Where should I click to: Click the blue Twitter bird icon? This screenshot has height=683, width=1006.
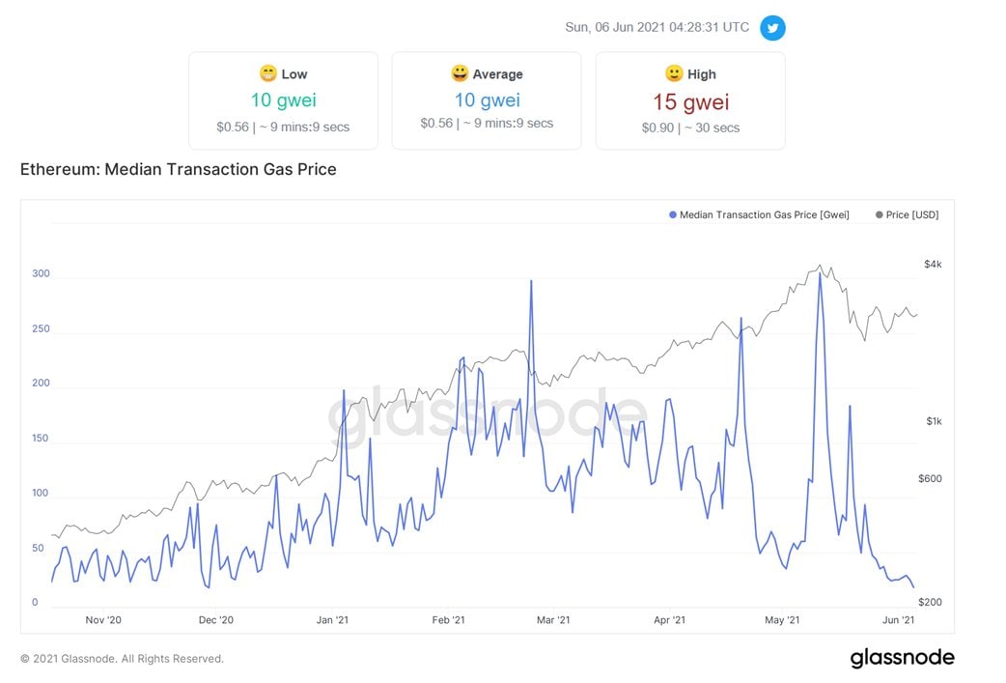pos(772,28)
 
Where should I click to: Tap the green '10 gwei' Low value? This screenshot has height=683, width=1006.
pos(283,100)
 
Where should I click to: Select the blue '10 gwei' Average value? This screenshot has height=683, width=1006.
pos(487,100)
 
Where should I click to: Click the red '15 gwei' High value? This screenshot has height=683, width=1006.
pos(690,102)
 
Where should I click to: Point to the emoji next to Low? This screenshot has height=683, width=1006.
pos(267,73)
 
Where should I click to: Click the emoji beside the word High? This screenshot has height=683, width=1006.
pos(674,73)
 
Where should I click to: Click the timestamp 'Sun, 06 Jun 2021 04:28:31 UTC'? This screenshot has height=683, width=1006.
pos(657,27)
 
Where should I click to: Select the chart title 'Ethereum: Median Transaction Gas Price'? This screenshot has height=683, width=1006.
pos(179,170)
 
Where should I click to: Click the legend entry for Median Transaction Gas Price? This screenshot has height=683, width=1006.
pos(759,214)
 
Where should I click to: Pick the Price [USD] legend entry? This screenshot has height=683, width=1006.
pos(907,214)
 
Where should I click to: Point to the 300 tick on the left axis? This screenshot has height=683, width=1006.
pos(40,274)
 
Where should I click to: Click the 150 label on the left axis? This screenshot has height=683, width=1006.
pos(40,439)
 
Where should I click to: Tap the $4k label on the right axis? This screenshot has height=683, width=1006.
pos(933,264)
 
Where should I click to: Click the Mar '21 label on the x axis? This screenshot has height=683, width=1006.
pos(553,620)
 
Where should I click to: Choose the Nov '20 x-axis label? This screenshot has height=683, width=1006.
pos(103,620)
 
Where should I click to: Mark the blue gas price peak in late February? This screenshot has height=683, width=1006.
pos(531,281)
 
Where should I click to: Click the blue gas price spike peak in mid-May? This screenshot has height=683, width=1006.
pos(820,274)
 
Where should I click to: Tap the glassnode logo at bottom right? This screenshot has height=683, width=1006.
pos(902,659)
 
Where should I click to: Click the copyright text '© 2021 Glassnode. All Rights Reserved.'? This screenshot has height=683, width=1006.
pos(122,659)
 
